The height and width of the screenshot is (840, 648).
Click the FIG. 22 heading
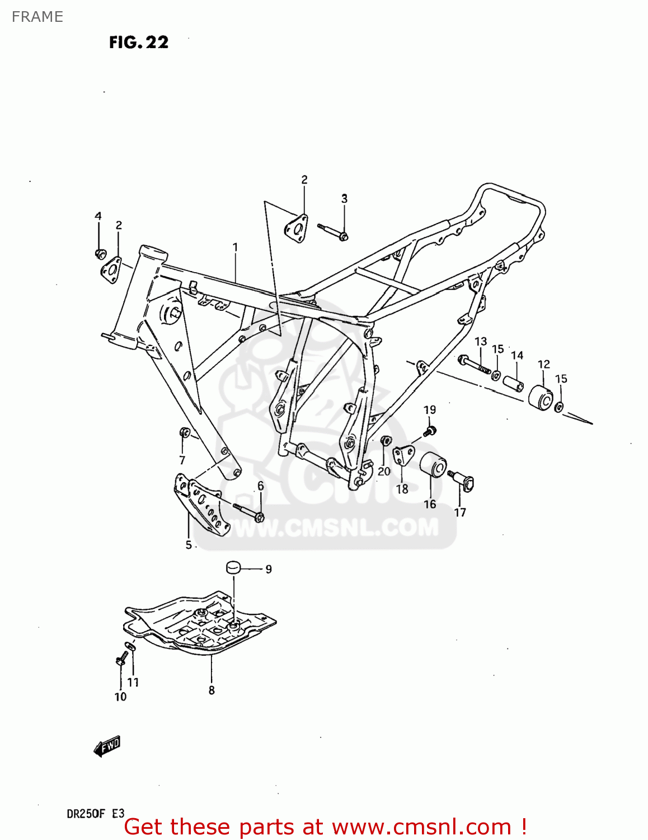139,43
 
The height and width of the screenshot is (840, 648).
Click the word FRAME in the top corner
37,17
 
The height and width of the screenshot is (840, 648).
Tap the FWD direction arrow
107,746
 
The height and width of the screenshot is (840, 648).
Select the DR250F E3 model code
95,814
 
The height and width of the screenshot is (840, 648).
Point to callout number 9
269,569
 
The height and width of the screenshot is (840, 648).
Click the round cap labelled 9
233,567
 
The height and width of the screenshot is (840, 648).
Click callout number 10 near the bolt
120,697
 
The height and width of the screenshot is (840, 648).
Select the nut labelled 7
184,433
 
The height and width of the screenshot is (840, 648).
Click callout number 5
189,545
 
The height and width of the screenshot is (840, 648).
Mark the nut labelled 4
100,254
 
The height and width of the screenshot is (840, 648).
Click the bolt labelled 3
333,231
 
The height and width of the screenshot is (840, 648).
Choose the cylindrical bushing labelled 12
541,398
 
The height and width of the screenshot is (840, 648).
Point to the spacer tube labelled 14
513,384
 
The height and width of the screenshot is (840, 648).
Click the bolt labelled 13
474,364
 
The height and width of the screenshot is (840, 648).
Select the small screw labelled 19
430,431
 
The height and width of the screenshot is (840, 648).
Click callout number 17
459,512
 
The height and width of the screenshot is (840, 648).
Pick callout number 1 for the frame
236,247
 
